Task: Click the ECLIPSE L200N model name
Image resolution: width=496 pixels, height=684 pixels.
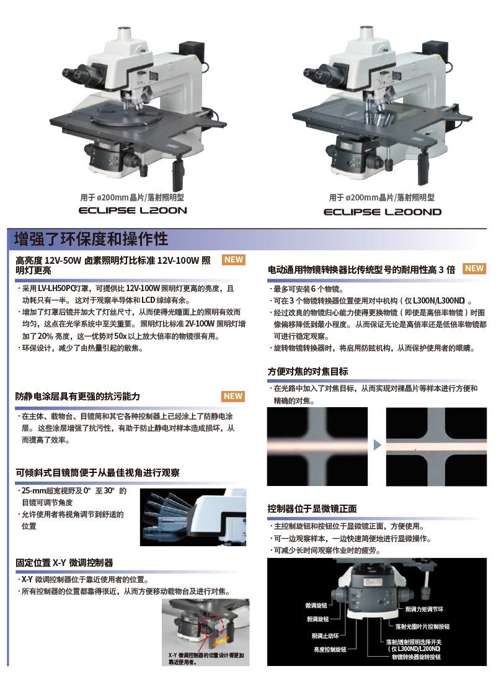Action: pos(133,210)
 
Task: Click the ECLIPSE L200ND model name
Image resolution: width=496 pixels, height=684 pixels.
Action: pos(383,212)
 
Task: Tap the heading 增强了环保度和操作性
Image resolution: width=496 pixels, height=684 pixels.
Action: pos(91,239)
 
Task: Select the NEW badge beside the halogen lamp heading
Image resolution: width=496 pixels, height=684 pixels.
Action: pos(234,259)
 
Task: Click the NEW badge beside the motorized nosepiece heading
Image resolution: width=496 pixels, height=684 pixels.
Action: pos(474,268)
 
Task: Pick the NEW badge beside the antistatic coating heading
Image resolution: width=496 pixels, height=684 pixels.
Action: pos(233,396)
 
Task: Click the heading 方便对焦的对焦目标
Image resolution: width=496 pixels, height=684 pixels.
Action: pos(308,372)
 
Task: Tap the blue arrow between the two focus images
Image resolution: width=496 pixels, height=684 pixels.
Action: pos(378,445)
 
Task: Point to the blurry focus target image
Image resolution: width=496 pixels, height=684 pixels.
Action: pos(317,447)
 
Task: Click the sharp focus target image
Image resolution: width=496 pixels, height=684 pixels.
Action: pos(436,447)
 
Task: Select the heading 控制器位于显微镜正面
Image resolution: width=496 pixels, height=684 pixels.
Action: pos(312,508)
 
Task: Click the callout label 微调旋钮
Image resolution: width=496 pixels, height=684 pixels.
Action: pos(316,605)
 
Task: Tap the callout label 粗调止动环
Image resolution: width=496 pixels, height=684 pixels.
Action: pos(325,636)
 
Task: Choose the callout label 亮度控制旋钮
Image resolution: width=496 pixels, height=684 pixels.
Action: pos(330,649)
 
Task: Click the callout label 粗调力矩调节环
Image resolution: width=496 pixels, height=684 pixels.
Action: pos(424,610)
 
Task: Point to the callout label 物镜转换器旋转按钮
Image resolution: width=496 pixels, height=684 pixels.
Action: pos(416,657)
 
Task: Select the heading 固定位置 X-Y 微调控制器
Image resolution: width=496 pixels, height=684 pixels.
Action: pos(64,563)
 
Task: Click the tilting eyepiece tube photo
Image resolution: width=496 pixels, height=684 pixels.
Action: pos(193,518)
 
